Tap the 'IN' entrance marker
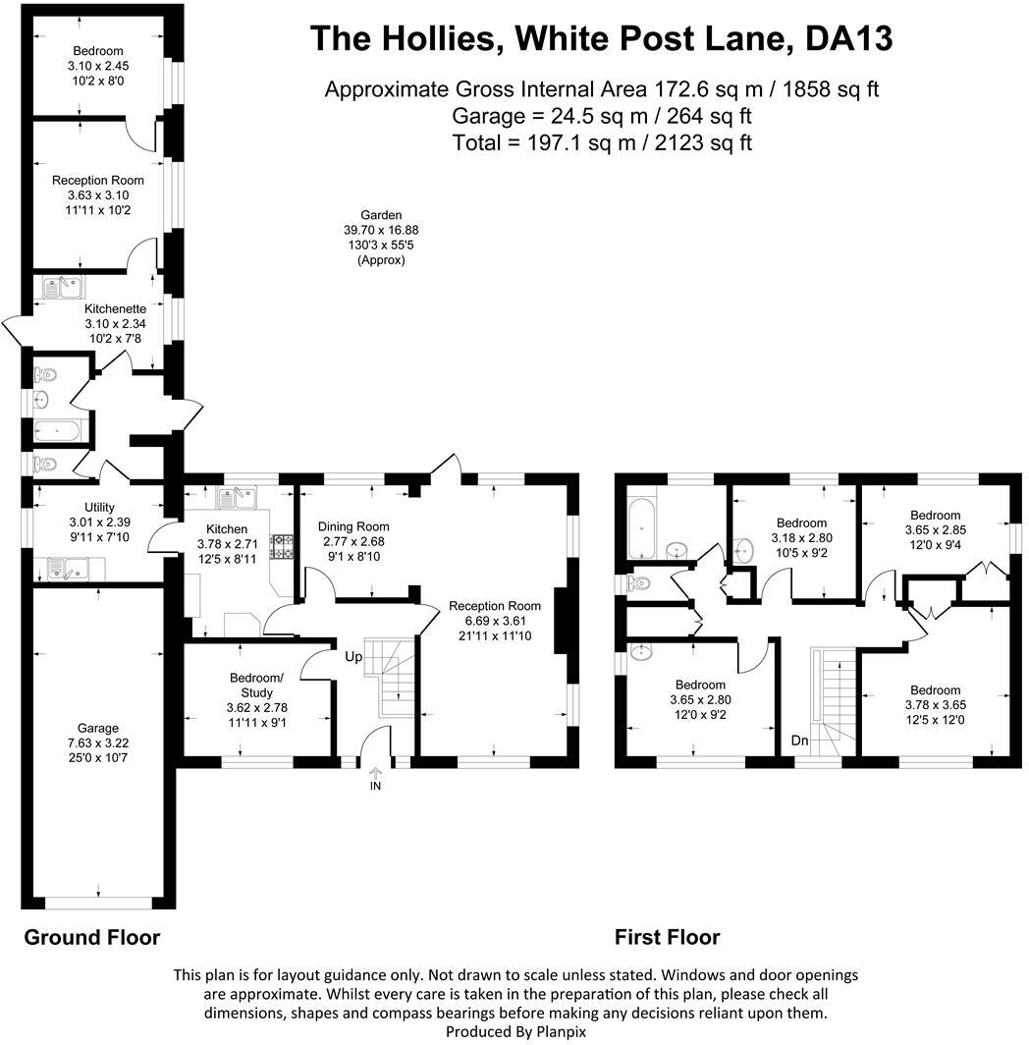click(x=375, y=786)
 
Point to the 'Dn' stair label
click(x=800, y=741)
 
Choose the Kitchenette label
click(x=114, y=308)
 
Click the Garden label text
click(x=381, y=215)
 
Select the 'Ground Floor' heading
click(x=91, y=936)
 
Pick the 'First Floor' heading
click(x=667, y=937)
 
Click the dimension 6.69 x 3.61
click(x=495, y=621)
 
